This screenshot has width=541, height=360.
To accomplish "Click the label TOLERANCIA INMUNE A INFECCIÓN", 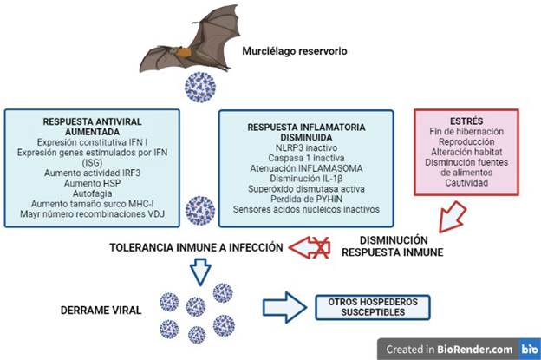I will pyautogui.click(x=197, y=247).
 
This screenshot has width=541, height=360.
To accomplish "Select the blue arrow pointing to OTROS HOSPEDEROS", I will pyautogui.click(x=284, y=305).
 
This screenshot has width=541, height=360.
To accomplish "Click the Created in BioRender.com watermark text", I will pyautogui.click(x=440, y=348).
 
